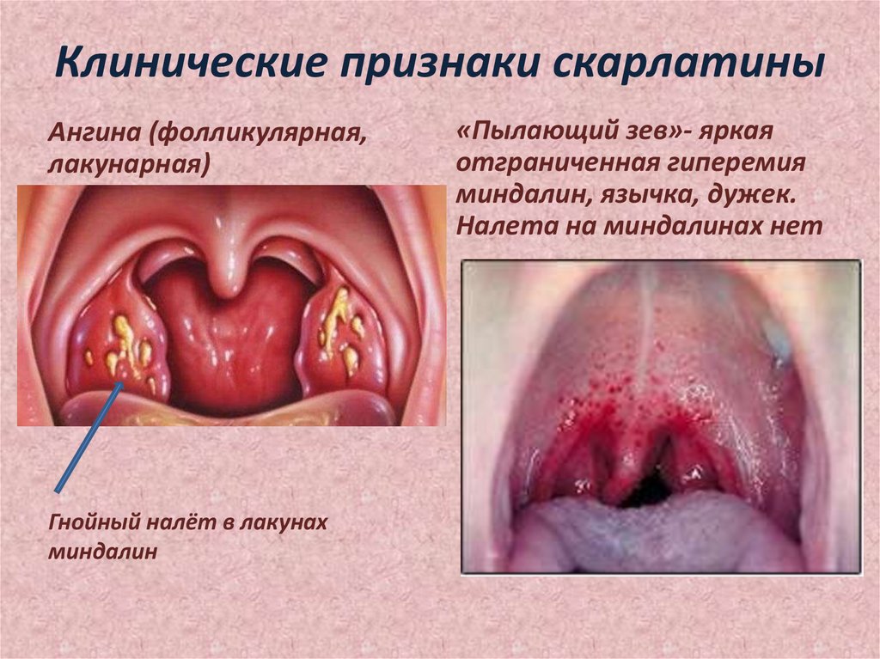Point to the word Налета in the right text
(x=498, y=226)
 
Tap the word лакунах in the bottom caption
(x=285, y=524)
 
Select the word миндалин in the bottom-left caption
(x=104, y=552)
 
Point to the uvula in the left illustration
(x=227, y=275)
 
